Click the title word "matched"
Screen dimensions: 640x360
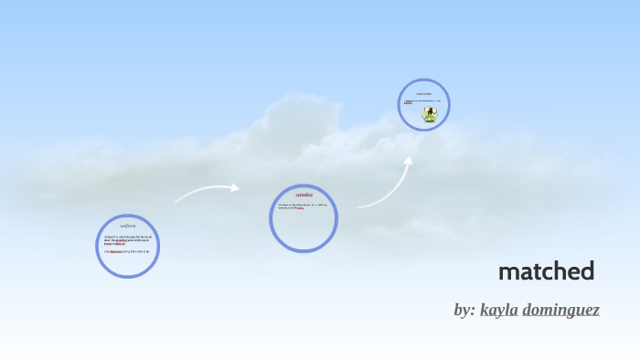point(546,271)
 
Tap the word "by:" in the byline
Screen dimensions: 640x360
point(464,310)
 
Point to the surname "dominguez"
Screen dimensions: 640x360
point(560,310)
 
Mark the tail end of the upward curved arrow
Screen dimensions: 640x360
point(358,206)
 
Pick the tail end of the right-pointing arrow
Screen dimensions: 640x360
point(176,200)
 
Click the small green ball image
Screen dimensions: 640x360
point(429,114)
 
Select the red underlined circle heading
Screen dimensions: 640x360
point(304,195)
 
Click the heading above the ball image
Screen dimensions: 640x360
point(423,94)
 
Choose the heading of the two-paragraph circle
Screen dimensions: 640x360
point(128,226)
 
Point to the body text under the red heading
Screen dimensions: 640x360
point(303,207)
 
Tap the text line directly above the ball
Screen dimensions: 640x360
point(422,102)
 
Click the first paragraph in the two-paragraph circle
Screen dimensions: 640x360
point(128,239)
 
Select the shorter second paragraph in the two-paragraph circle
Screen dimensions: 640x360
point(127,251)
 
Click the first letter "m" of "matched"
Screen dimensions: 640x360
point(507,272)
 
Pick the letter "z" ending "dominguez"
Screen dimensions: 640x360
point(595,311)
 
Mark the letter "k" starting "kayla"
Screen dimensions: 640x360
point(485,310)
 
